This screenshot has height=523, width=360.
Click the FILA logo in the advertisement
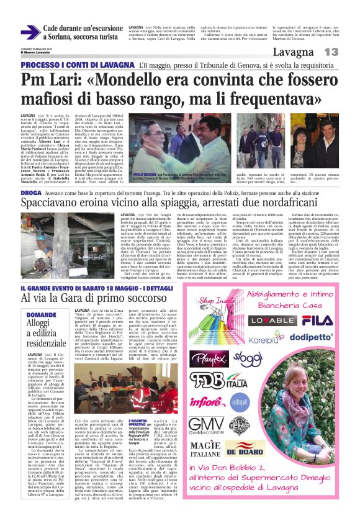pyautogui.click(x=317, y=321)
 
